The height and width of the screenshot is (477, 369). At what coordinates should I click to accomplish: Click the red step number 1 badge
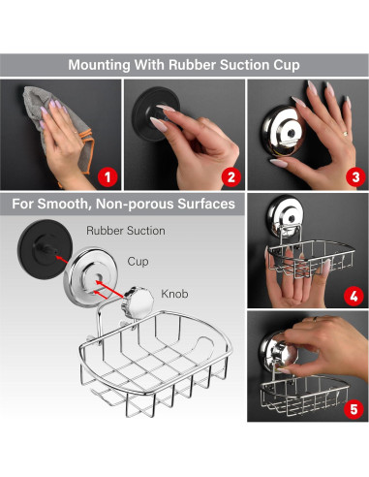pyautogui.click(x=108, y=177)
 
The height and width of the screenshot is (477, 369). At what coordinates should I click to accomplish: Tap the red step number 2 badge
pyautogui.click(x=231, y=177)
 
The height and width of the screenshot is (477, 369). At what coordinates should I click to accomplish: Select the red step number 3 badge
pyautogui.click(x=355, y=177)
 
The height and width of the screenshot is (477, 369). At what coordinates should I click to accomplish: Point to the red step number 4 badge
pyautogui.click(x=354, y=296)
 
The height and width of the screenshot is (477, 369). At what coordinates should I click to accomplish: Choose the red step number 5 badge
pyautogui.click(x=354, y=409)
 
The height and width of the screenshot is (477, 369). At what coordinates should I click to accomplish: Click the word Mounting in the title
pyautogui.click(x=100, y=65)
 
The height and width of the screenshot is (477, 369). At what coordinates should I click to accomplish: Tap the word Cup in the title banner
pyautogui.click(x=287, y=65)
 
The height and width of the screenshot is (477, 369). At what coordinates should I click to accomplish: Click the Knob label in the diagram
pyautogui.click(x=174, y=294)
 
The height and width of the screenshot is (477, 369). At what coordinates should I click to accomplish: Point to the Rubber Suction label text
pyautogui.click(x=126, y=231)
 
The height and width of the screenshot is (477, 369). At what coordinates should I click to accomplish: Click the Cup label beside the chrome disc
pyautogui.click(x=138, y=261)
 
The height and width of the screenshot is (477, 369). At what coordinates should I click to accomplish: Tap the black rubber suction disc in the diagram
pyautogui.click(x=44, y=248)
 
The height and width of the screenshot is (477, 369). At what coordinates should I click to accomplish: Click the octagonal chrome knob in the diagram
pyautogui.click(x=138, y=302)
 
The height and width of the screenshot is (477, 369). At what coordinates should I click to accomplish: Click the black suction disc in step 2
pyautogui.click(x=156, y=112)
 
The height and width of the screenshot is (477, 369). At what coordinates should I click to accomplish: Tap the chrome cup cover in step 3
pyautogui.click(x=283, y=131)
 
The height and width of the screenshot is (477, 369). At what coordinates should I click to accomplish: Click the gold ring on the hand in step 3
pyautogui.click(x=345, y=133)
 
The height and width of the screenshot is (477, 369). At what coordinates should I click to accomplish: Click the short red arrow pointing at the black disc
pyautogui.click(x=62, y=259)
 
